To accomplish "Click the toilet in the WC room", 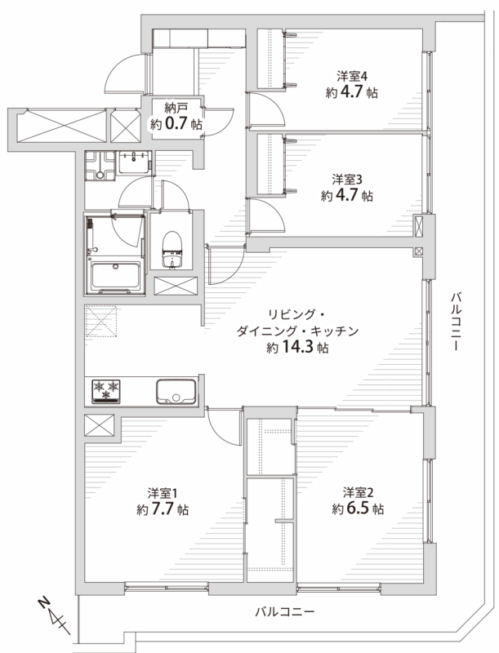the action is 172,250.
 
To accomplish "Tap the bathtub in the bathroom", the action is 115,275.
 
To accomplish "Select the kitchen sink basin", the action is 176,392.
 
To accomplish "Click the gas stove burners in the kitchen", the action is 106,391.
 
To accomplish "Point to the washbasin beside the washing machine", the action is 134,162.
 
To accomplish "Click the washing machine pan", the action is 100,166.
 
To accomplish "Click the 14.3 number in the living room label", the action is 297,346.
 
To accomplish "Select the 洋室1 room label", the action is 163,494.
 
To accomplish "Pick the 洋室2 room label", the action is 359,493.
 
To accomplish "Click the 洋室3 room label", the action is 347,180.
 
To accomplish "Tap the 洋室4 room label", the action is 352,76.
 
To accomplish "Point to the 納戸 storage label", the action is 176,109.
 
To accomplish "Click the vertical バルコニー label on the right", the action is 457,322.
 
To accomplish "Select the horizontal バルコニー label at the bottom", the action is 284,611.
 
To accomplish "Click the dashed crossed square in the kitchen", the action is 101,321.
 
